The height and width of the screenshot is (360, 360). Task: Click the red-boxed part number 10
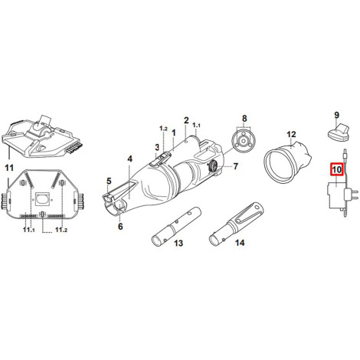pyautogui.click(x=336, y=169)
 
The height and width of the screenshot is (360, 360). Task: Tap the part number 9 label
pyautogui.click(x=336, y=115)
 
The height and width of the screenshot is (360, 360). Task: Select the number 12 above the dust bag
pyautogui.click(x=291, y=135)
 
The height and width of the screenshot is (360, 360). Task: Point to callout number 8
pyautogui.click(x=244, y=119)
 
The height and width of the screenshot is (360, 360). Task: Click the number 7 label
pyautogui.click(x=235, y=166)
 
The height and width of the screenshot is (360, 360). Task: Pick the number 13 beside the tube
pyautogui.click(x=178, y=243)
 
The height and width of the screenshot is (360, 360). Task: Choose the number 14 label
pyautogui.click(x=240, y=243)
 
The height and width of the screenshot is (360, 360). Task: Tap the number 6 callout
pyautogui.click(x=120, y=226)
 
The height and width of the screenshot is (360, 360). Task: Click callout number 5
pyautogui.click(x=109, y=182)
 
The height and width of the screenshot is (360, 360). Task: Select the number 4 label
pyautogui.click(x=130, y=159)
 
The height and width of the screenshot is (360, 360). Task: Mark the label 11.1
pyautogui.click(x=28, y=230)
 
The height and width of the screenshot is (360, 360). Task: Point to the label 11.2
pyautogui.click(x=61, y=230)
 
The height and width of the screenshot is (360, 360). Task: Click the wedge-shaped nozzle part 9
pyautogui.click(x=339, y=132)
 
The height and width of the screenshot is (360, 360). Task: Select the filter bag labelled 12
pyautogui.click(x=288, y=162)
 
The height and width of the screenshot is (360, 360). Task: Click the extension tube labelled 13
pyautogui.click(x=176, y=226)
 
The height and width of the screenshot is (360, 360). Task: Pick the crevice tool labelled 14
pyautogui.click(x=236, y=224)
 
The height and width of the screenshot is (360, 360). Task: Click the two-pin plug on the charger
pyautogui.click(x=351, y=195)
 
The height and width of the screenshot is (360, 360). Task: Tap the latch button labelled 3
pyautogui.click(x=160, y=159)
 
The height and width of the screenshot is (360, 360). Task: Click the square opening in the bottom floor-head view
pyautogui.click(x=41, y=199)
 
